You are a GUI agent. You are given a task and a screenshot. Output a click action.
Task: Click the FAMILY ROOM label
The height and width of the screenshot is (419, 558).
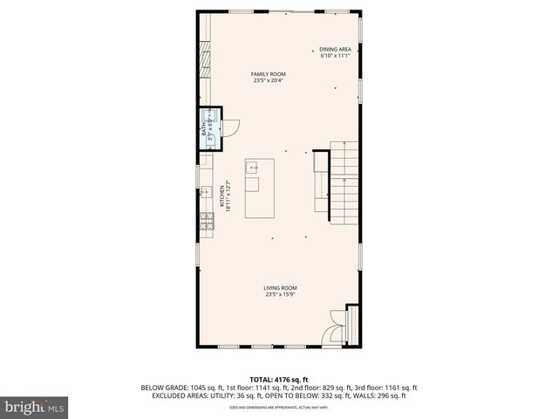[x=269, y=74]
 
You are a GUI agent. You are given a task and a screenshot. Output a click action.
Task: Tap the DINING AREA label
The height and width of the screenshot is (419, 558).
[x=335, y=49]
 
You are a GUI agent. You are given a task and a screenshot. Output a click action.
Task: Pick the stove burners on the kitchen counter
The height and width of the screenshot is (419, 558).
[x=207, y=222]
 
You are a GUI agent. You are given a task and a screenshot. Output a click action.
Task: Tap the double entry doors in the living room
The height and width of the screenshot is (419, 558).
[x=336, y=328]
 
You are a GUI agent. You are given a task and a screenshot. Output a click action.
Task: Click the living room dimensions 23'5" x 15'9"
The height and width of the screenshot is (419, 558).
[x=281, y=294]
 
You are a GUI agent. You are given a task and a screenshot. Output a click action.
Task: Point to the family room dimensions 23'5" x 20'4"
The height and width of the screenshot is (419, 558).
[x=269, y=81]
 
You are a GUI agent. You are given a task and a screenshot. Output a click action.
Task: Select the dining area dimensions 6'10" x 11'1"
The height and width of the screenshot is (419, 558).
[x=335, y=56]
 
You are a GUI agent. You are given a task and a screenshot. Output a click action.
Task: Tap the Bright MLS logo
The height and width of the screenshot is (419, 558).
[x=35, y=407]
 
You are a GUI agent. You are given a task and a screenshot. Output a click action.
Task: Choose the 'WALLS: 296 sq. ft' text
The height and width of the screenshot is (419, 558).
[x=378, y=396]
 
